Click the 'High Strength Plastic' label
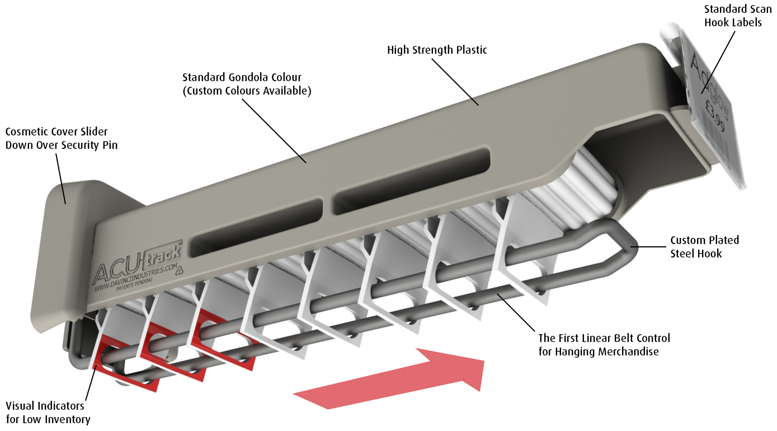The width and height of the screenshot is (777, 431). [437, 50]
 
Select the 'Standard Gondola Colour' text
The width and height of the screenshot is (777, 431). [242, 77]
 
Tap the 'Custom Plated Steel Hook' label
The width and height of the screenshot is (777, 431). [704, 247]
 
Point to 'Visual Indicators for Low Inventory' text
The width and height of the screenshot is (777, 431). [48, 413]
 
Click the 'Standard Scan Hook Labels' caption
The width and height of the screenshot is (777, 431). [737, 16]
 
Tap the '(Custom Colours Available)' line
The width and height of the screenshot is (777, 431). [247, 90]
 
